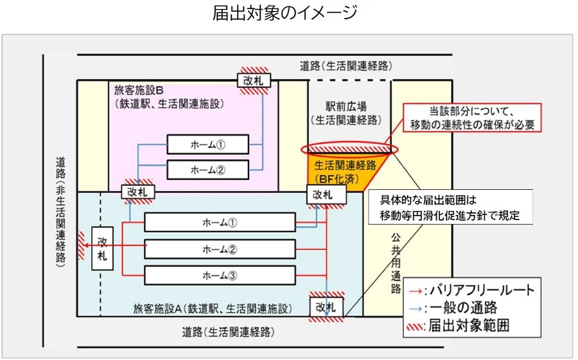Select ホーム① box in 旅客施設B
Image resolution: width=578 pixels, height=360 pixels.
tap(207, 144)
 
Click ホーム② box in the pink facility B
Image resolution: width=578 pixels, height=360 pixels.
tap(207, 169)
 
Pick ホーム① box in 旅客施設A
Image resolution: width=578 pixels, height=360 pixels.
tap(220, 223)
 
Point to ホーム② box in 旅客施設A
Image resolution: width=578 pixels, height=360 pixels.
tap(220, 249)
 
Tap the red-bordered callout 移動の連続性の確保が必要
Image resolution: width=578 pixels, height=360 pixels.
tap(472, 117)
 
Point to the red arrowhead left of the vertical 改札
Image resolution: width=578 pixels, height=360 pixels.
tap(82, 234)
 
